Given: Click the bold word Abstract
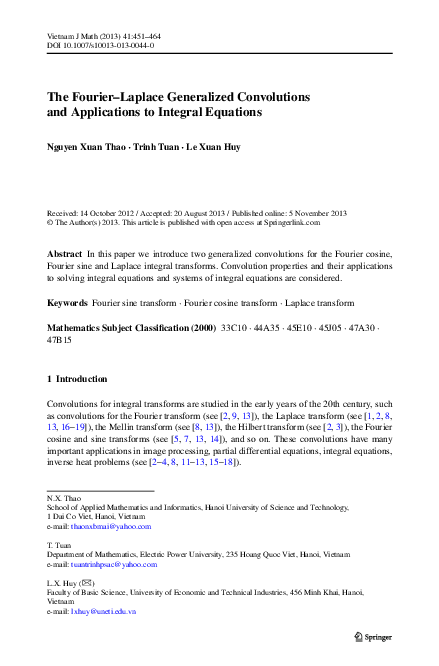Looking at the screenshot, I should (65, 256).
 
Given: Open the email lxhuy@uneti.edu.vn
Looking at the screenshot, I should (103, 610).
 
